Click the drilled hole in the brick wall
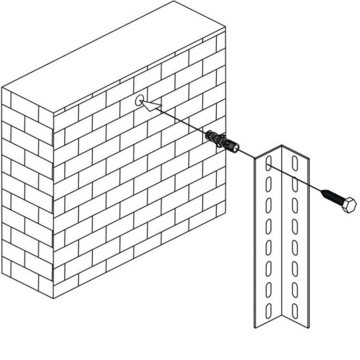pos(139,100)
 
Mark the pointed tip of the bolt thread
pos(322,191)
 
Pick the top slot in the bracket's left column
pos(268,164)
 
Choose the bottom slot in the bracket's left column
pos(268,308)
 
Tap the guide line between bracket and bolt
pos(307,184)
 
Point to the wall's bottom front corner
pos(53,298)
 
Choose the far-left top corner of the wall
pos(2,87)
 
